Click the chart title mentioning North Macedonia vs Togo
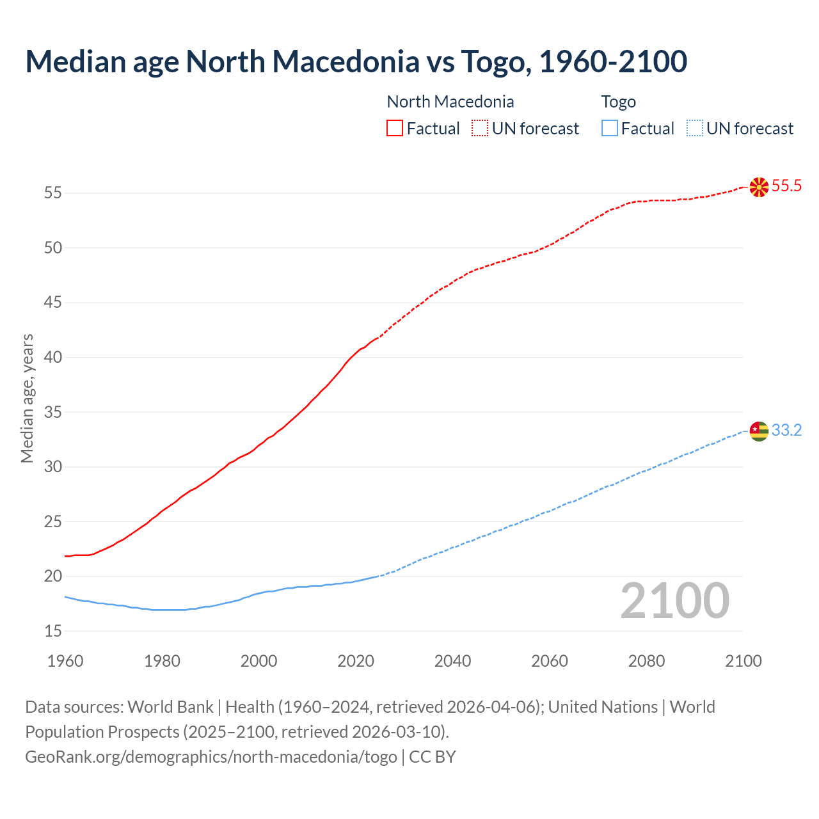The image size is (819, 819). (x=356, y=61)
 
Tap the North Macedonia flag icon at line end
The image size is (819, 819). (x=759, y=187)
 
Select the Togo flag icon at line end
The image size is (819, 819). (x=759, y=431)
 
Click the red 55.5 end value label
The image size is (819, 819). (x=786, y=186)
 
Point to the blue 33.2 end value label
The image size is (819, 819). (x=786, y=431)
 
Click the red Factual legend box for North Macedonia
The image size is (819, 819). (x=395, y=129)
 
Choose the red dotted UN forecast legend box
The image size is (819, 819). (x=480, y=129)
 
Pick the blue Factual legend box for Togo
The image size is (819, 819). (x=610, y=129)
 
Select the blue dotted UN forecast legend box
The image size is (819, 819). (x=694, y=129)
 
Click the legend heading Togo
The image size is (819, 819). (x=618, y=102)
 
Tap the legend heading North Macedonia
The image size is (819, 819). (x=450, y=102)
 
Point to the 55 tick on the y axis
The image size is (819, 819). (x=53, y=193)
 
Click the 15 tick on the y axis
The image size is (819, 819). (x=53, y=631)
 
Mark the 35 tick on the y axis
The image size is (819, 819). (x=53, y=412)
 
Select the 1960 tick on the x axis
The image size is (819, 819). (x=65, y=661)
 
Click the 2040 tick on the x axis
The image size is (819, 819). (x=452, y=661)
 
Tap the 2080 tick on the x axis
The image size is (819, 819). (x=646, y=661)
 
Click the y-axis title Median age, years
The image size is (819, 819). (x=27, y=398)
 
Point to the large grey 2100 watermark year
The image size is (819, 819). (x=674, y=600)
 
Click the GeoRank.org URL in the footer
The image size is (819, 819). (x=211, y=757)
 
